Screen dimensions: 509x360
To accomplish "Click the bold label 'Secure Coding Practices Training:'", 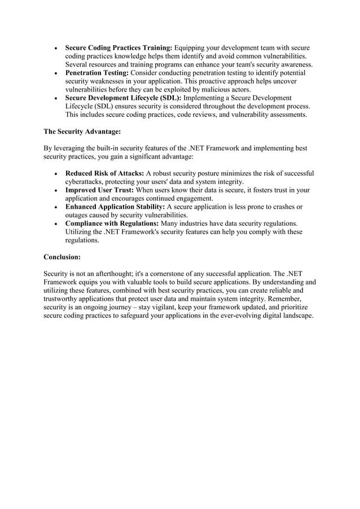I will coord(118,48).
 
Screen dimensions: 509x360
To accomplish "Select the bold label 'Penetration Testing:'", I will coord(98,73).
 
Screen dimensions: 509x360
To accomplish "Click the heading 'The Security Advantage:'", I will coord(82,131).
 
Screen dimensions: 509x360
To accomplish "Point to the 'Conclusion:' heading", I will coord(62,257).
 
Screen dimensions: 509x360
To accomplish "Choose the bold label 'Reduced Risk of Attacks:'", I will coord(105,173).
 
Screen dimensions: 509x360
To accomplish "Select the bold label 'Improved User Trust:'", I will coord(99,190).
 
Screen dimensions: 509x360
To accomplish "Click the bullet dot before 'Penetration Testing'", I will coord(54,74).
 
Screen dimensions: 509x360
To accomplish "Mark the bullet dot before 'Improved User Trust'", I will coord(54,191).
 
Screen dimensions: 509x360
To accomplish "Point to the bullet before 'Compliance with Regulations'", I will coord(54,224).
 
